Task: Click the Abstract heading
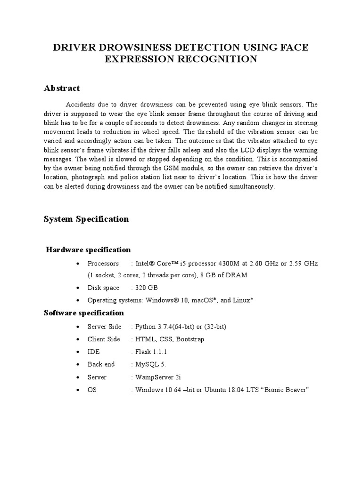pyautogui.click(x=62, y=88)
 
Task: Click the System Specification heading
pyautogui.click(x=86, y=219)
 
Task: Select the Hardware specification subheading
pyautogui.click(x=88, y=249)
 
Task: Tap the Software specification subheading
pyautogui.click(x=84, y=313)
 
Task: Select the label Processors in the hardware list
pyautogui.click(x=103, y=263)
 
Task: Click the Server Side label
pyautogui.click(x=104, y=327)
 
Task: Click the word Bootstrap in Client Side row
pyautogui.click(x=190, y=339)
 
